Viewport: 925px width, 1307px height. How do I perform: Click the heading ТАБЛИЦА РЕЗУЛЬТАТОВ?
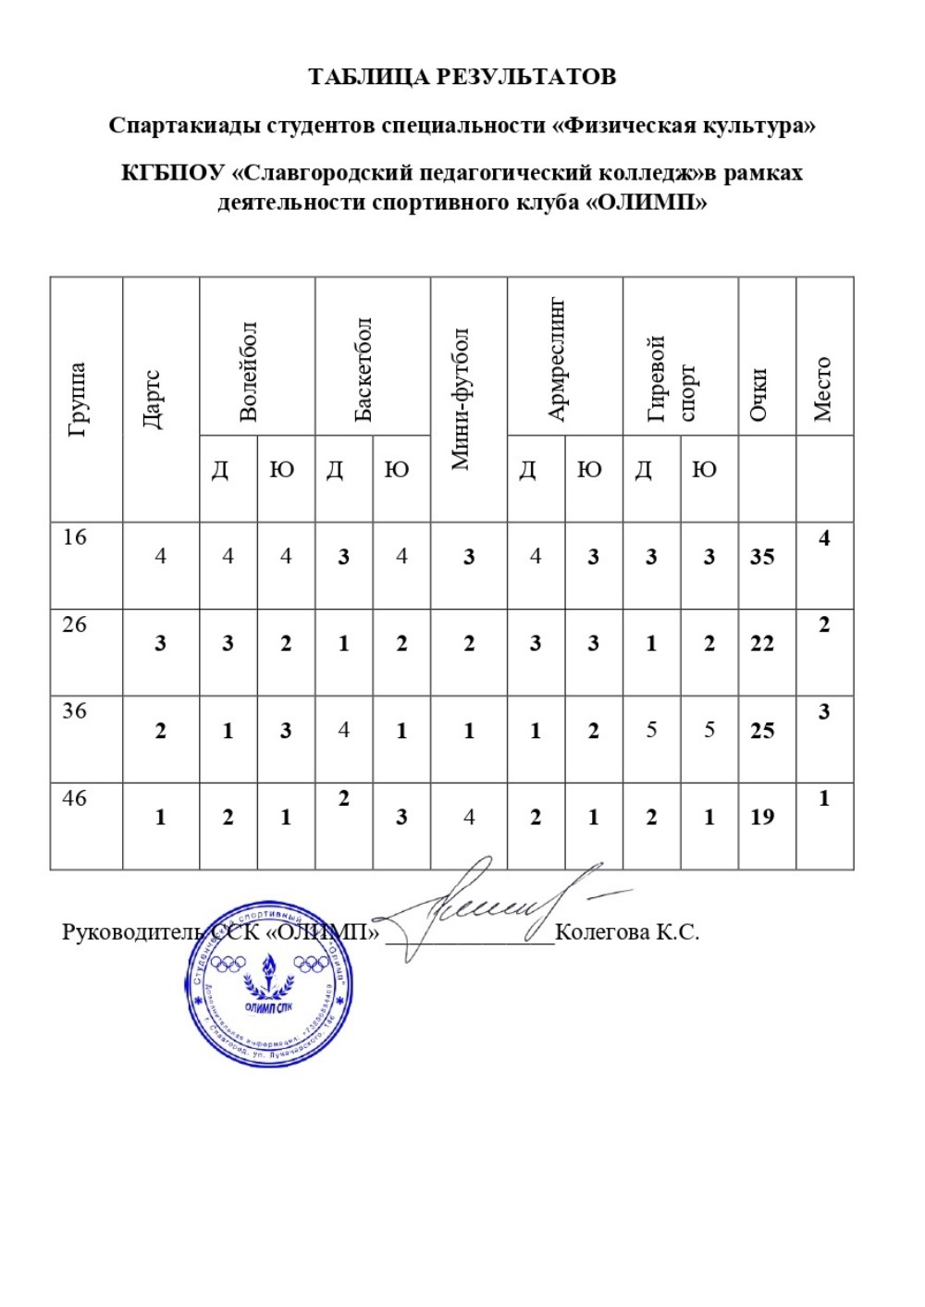coord(462,77)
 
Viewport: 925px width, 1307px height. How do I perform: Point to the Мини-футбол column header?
coord(461,399)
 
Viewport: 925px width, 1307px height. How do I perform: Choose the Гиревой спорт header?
coord(671,378)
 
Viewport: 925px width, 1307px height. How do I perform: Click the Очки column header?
coord(758,395)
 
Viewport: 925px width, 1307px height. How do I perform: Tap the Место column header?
coord(822,389)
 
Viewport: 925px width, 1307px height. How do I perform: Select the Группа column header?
coord(78,399)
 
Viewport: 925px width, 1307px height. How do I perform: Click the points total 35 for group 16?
coord(762,557)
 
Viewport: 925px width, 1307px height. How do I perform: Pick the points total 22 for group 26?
coord(762,644)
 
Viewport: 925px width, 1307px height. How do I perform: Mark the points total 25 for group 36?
coord(762,731)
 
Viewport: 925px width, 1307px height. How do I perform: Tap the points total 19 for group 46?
coord(762,817)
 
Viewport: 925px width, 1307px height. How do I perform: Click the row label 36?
coord(74,711)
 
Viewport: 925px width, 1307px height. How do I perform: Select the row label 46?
coord(74,797)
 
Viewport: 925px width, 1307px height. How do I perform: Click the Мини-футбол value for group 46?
coord(469,817)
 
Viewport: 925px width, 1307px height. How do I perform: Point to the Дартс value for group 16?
coord(161,557)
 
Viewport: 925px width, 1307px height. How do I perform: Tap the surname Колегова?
coord(601,931)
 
